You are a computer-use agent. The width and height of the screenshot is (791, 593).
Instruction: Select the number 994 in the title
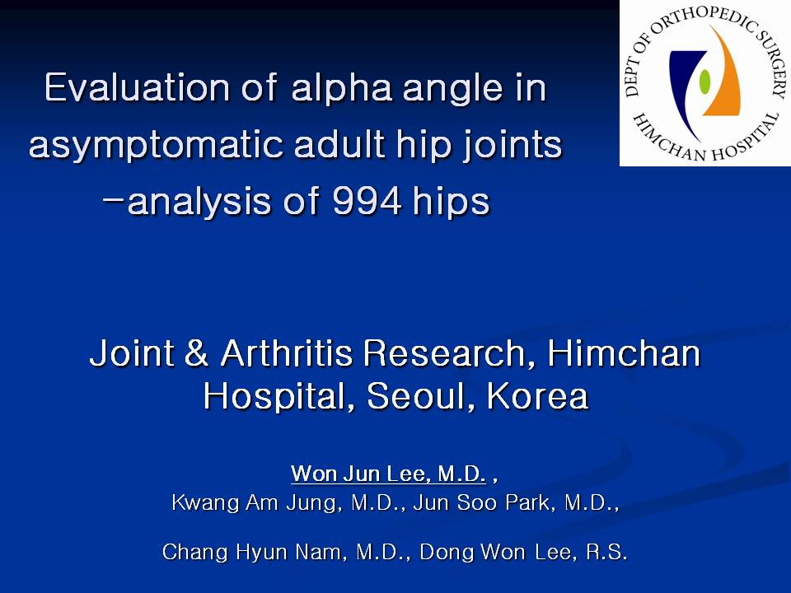[x=367, y=201]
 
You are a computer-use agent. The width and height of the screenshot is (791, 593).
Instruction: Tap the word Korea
[x=538, y=396]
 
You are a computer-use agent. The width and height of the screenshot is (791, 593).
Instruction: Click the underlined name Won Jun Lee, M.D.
[x=388, y=474]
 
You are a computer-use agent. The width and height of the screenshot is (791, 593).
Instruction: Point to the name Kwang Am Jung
[x=254, y=502]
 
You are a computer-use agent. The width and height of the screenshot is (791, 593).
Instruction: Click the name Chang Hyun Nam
[x=255, y=552]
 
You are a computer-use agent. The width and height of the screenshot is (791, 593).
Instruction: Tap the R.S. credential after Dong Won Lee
[x=606, y=552]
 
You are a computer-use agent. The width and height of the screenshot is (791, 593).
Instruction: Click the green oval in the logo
[x=704, y=82]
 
